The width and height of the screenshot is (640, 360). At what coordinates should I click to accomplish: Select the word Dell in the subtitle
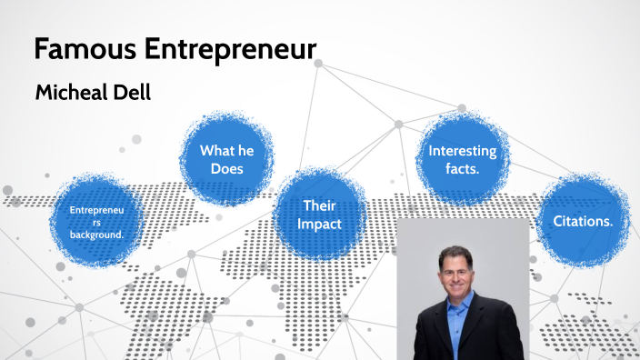click(x=132, y=93)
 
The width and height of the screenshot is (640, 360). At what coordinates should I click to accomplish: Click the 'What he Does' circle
click(x=227, y=160)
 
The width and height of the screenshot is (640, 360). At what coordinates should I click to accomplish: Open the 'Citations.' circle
click(x=582, y=221)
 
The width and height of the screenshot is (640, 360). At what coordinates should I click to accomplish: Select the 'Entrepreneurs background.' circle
click(x=95, y=222)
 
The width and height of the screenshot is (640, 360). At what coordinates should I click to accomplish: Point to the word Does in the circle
click(x=227, y=169)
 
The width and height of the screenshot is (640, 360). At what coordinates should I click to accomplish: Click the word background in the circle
click(x=95, y=235)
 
